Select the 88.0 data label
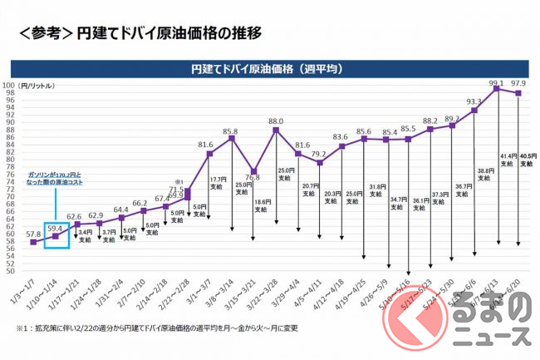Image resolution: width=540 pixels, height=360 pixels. [276, 121]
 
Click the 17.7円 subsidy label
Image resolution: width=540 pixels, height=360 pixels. [218, 184]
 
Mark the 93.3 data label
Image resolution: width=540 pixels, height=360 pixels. [475, 101]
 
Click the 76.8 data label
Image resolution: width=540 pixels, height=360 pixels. [253, 176]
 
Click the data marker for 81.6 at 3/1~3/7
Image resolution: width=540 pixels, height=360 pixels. [209, 154]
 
